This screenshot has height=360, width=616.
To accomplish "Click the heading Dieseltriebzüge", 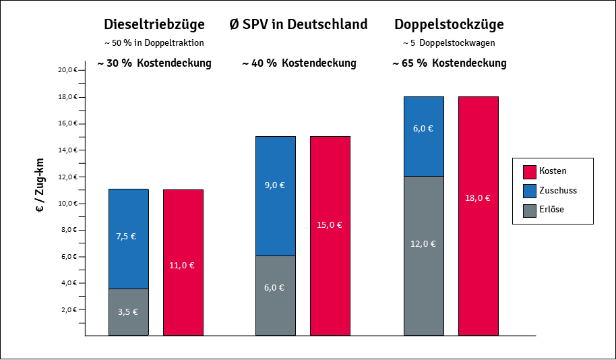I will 154,25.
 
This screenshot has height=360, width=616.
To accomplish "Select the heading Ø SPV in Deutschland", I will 299,25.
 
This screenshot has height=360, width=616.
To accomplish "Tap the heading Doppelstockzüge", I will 449,25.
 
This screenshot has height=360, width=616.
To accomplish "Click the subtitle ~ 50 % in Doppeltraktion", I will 154,43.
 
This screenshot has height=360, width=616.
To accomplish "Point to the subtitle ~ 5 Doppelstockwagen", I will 449,43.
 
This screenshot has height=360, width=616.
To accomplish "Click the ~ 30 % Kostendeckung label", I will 154,63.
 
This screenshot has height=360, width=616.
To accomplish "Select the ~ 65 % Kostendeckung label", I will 449,63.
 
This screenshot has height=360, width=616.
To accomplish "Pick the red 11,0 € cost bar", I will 183,262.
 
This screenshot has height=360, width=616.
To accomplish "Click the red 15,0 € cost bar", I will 330,236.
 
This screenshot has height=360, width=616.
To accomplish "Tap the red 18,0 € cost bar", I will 479,216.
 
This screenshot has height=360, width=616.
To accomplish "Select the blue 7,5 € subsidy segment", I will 128,239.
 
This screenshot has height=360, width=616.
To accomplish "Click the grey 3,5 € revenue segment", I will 128,312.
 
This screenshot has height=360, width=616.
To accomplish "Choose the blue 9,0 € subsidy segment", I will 275,196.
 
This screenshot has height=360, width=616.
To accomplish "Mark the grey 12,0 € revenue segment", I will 423,256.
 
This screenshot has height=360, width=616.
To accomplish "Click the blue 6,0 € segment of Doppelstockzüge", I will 423,136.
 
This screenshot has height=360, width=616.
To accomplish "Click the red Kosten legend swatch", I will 528,171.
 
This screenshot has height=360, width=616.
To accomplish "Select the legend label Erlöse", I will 552,210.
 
